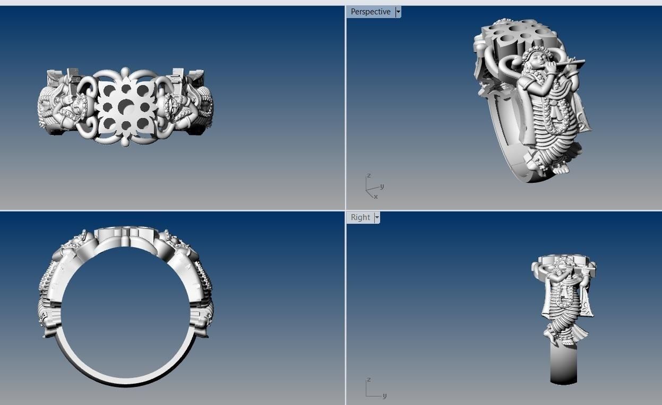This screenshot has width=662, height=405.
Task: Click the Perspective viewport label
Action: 370,12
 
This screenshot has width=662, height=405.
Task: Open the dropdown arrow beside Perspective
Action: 398,12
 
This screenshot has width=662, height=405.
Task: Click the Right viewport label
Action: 360,217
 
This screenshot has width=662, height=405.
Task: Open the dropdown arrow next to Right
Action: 377,217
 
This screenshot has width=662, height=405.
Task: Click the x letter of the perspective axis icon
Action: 376,197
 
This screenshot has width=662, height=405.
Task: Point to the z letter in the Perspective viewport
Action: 368,175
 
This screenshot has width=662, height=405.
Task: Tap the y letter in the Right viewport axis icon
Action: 384,395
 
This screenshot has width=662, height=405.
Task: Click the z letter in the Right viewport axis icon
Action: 368,379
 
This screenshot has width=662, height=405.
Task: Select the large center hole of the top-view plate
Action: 126,106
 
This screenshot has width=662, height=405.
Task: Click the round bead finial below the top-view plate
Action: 126,142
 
